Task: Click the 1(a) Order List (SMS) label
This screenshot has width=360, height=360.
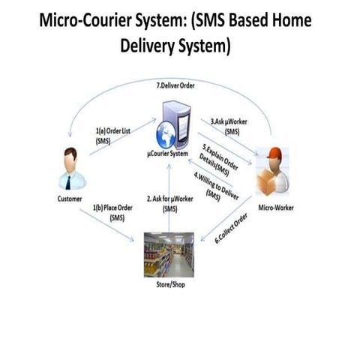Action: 113,136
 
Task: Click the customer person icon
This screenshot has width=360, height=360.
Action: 71,168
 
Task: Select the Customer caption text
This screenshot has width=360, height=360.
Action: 70,199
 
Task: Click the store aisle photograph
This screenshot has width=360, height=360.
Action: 169,254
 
